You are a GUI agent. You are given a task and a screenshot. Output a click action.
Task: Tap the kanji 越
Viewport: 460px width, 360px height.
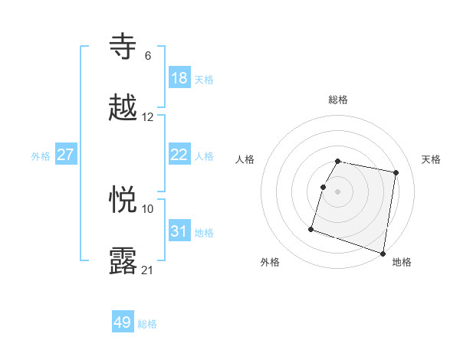point(123,109)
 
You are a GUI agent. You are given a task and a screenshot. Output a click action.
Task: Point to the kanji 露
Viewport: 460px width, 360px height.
point(123,261)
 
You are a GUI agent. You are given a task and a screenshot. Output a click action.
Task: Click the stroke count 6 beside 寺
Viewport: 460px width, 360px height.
point(148,55)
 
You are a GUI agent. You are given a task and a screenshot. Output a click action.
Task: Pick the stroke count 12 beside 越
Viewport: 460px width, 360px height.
point(148,117)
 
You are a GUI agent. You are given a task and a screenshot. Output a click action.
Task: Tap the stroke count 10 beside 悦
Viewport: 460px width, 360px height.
point(148,208)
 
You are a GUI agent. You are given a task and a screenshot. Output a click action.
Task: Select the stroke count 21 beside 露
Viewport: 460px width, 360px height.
point(148,270)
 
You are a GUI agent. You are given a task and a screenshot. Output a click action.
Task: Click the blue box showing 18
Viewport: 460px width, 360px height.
point(179,77)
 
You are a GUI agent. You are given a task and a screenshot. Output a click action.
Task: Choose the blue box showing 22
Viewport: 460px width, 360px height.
point(179,155)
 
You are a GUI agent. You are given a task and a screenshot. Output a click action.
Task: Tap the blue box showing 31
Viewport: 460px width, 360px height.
point(179,231)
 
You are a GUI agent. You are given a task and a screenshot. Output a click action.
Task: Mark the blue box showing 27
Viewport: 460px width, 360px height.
point(66,155)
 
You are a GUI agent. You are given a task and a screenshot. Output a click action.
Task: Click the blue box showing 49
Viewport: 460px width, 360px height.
point(123,322)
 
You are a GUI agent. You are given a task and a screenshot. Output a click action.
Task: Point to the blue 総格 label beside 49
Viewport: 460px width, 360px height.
point(147,324)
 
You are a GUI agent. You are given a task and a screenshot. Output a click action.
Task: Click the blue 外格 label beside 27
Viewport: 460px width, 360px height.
point(41,156)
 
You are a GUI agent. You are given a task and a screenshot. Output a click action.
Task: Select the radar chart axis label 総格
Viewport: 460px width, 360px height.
point(338,100)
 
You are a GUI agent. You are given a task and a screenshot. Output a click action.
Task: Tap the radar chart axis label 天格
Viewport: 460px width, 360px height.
point(432,159)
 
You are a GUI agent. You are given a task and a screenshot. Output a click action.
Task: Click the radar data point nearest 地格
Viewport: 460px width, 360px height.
point(383,253)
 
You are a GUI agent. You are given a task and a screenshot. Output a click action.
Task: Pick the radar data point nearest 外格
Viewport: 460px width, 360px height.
point(311,229)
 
